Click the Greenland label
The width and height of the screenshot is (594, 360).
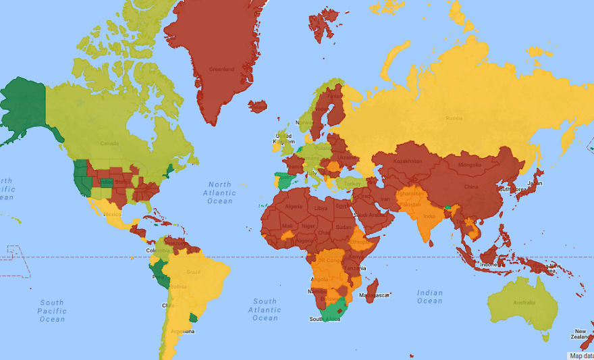[221, 69]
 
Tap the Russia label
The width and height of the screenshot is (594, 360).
[454, 118]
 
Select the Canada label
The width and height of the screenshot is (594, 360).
[109, 143]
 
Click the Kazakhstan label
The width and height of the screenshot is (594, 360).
[408, 161]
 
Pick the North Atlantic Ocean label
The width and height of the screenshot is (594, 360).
[219, 192]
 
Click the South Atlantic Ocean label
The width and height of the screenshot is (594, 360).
[265, 309]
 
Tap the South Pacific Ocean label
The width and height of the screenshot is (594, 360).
[52, 311]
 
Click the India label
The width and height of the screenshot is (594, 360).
[429, 216]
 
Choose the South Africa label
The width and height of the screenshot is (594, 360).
[325, 319]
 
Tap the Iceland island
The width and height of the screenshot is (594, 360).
[258, 107]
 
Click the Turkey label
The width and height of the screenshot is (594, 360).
[353, 182]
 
